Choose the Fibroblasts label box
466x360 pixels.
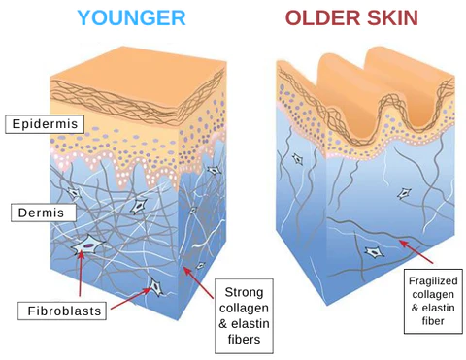[59, 311]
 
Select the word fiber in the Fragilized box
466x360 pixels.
[432, 321]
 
